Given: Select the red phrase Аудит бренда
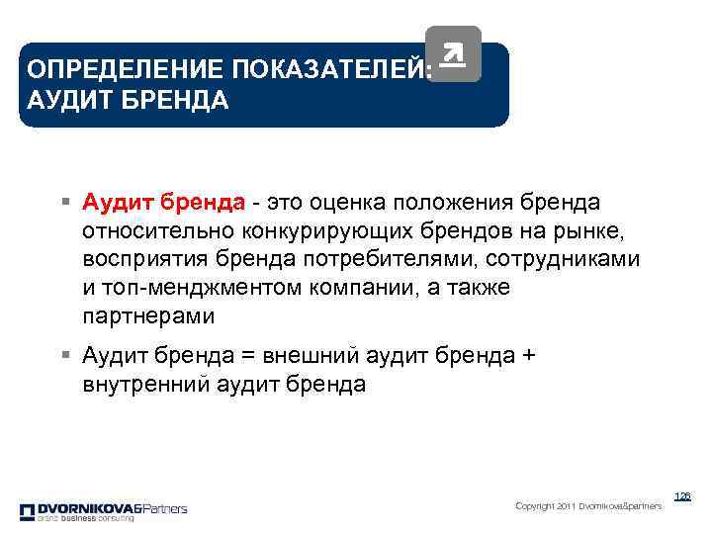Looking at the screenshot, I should pyautogui.click(x=164, y=203).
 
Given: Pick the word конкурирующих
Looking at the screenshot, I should pyautogui.click(x=315, y=231).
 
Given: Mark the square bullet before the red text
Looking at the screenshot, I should pyautogui.click(x=63, y=204).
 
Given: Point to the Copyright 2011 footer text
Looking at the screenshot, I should pyautogui.click(x=588, y=506).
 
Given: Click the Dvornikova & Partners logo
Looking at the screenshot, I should pyautogui.click(x=103, y=510).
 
